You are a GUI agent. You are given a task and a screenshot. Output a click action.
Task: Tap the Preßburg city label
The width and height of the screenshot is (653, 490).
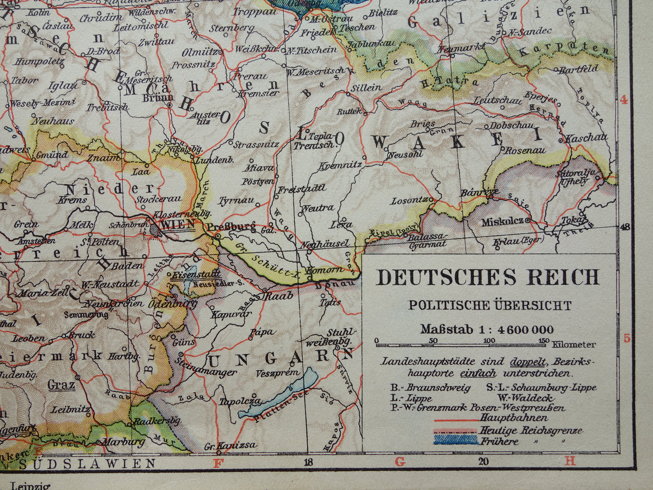(x=231, y=226)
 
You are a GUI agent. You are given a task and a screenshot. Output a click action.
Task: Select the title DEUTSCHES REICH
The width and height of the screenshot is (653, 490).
(x=488, y=277)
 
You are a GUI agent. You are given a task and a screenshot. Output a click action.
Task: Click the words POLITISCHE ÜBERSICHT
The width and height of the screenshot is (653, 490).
(x=490, y=305)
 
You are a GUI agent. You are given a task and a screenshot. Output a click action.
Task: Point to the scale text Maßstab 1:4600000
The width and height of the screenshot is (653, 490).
(x=487, y=329)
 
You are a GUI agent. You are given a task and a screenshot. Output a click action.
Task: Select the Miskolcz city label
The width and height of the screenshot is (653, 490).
(x=502, y=222)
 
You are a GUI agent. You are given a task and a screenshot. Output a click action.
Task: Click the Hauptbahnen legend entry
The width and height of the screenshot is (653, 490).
(x=513, y=418)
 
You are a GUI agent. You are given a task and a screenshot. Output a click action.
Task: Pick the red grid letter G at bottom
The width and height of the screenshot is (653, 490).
(x=399, y=462)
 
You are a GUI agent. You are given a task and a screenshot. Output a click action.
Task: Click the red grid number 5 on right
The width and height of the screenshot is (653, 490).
(x=626, y=338)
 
